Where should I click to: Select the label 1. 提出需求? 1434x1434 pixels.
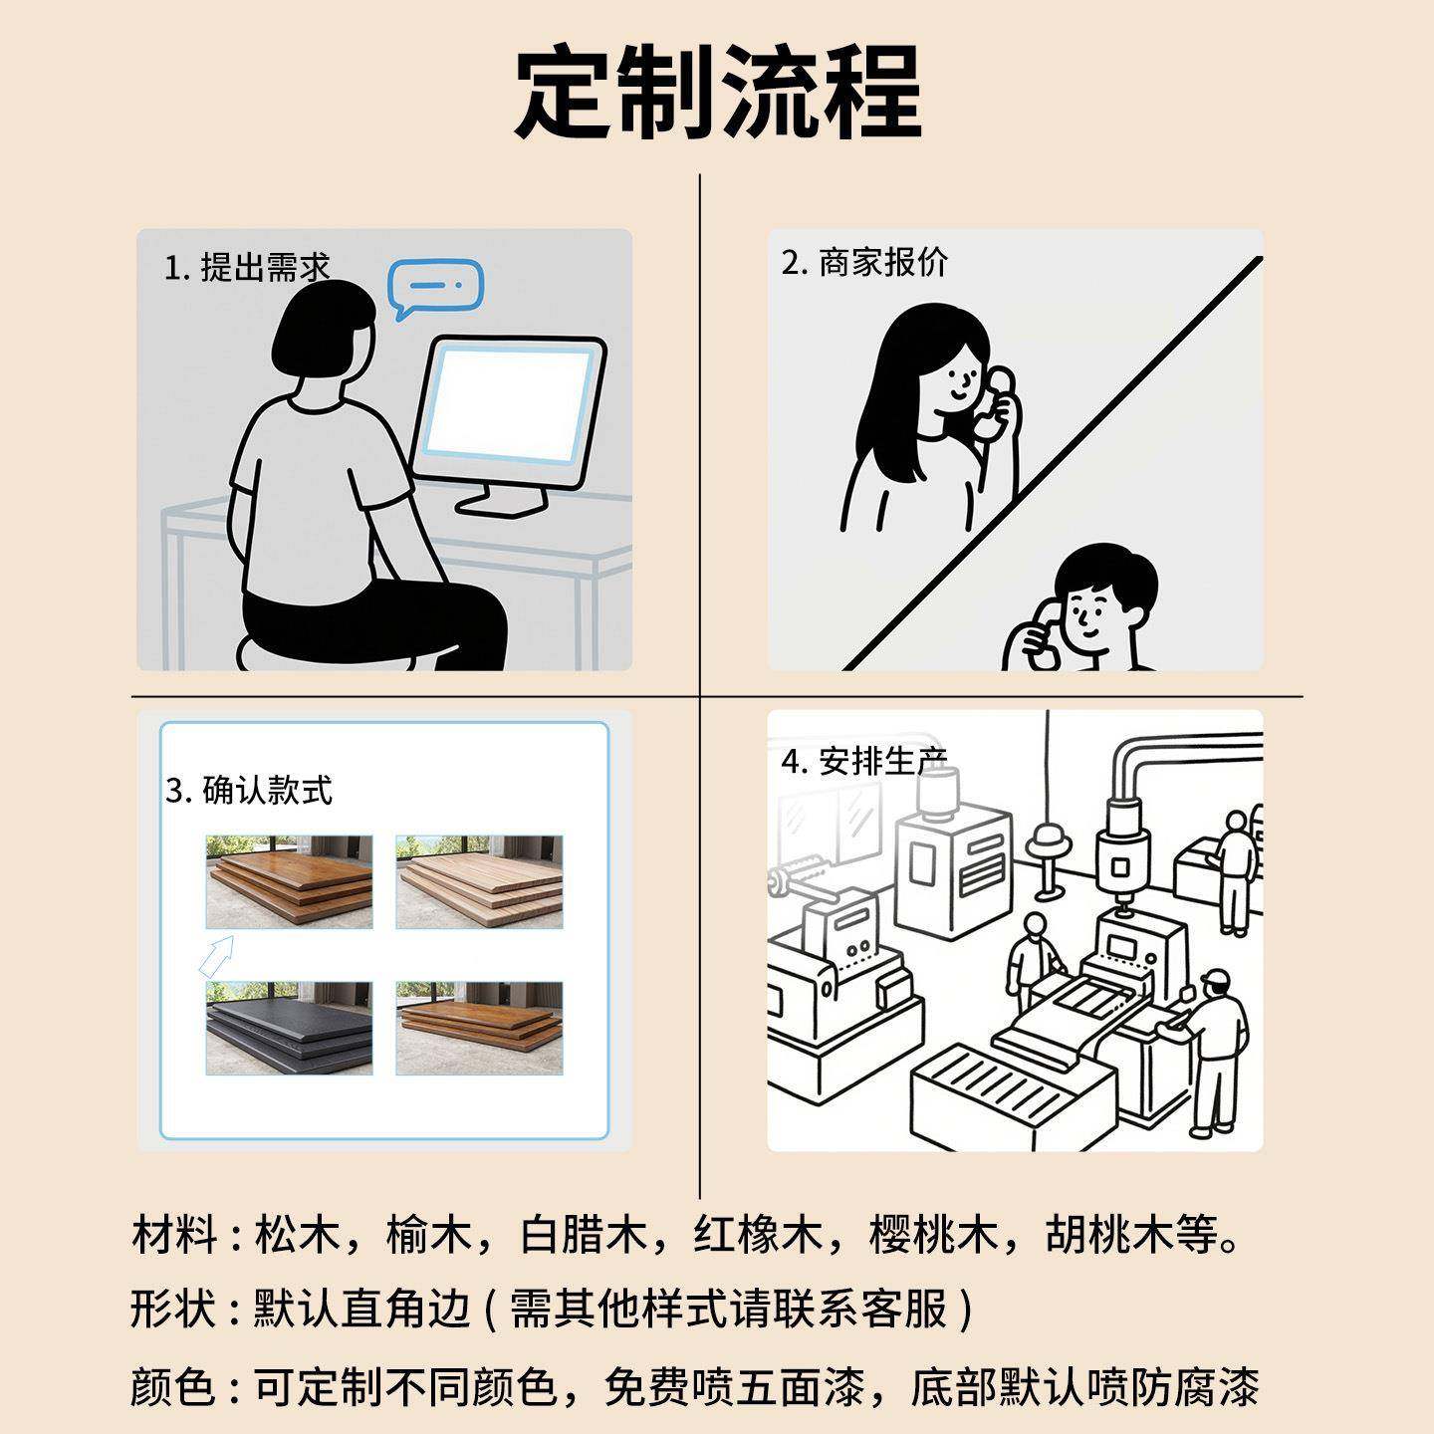(247, 268)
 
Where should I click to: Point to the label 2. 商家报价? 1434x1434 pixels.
(864, 263)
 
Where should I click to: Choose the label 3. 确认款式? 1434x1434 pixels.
(249, 791)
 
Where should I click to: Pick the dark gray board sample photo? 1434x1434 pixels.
(289, 1028)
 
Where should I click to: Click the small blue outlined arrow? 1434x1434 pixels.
(216, 955)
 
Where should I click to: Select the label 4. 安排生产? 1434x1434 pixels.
(864, 762)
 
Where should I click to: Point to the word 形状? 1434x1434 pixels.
(172, 1309)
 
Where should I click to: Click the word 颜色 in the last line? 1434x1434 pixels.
(172, 1386)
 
